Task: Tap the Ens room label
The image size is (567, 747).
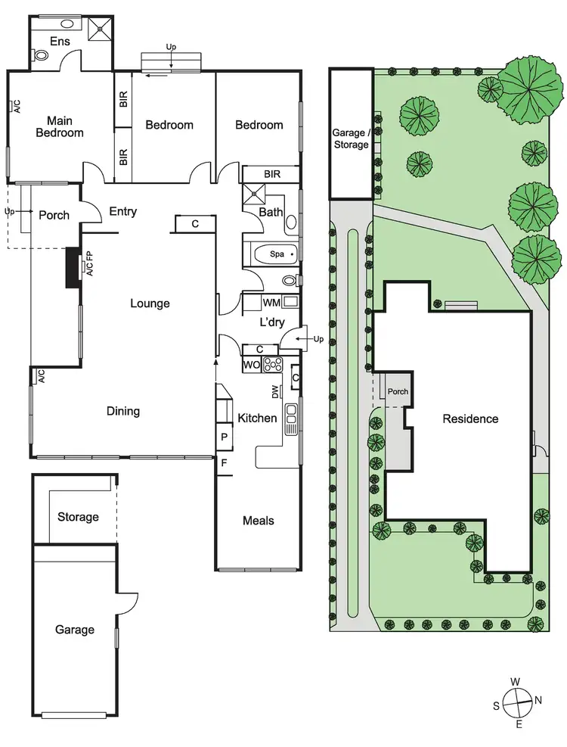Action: click(60, 41)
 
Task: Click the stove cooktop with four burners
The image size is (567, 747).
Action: click(272, 365)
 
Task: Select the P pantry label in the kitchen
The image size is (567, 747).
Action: click(225, 437)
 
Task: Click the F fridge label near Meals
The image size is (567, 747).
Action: click(224, 462)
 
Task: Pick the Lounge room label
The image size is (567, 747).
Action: click(150, 303)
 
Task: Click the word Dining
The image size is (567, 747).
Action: click(123, 412)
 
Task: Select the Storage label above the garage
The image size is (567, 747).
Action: click(78, 517)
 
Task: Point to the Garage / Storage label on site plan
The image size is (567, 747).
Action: click(351, 138)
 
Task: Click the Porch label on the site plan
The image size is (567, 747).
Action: click(398, 392)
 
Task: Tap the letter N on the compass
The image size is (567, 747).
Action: click(538, 700)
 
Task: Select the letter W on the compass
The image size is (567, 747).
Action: click(515, 682)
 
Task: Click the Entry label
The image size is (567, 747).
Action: click(122, 212)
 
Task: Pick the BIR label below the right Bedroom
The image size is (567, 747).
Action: click(272, 174)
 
